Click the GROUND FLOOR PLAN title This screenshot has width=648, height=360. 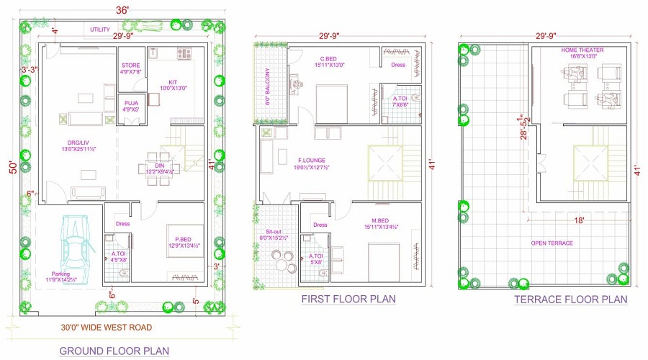tap(114, 351)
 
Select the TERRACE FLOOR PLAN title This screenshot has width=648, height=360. tap(570, 300)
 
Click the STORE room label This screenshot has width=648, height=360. tap(131, 66)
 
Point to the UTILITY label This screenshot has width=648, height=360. tap(99, 30)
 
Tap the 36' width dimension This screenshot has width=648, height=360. tap(122, 9)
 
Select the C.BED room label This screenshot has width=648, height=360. tap(330, 59)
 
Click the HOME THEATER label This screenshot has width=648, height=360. tap(582, 50)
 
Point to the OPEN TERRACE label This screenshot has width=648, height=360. tap(552, 243)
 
